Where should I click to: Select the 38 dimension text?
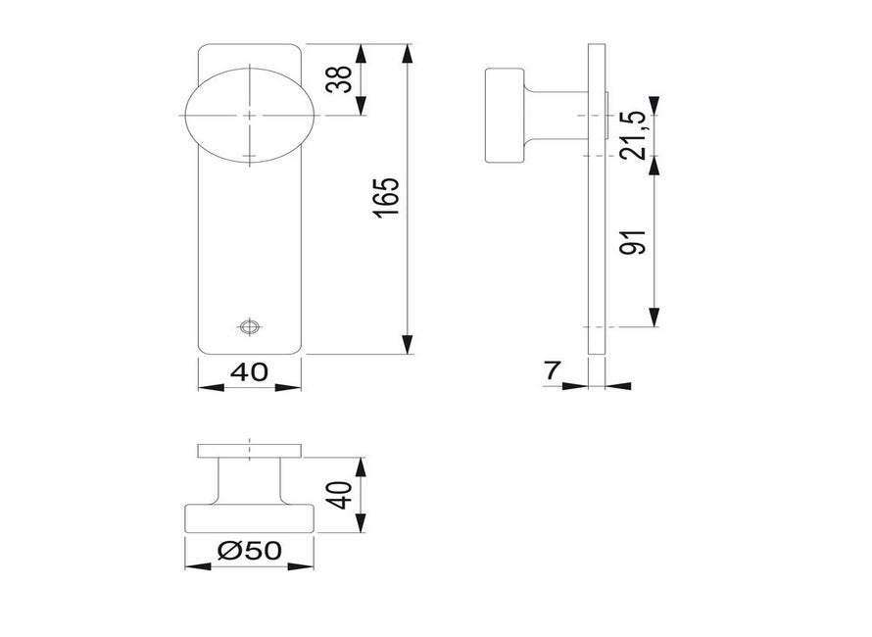click(338, 79)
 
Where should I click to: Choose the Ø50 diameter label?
click(249, 552)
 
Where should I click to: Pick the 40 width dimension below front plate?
click(249, 372)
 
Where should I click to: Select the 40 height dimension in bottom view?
click(338, 495)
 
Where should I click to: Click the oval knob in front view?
click(249, 115)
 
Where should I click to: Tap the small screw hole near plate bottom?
click(249, 326)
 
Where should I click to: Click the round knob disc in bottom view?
click(249, 519)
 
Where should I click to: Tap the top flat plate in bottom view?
click(249, 451)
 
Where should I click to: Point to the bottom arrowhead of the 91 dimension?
click(655, 318)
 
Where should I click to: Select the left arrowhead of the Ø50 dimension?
click(193, 565)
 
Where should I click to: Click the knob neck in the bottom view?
click(249, 482)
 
